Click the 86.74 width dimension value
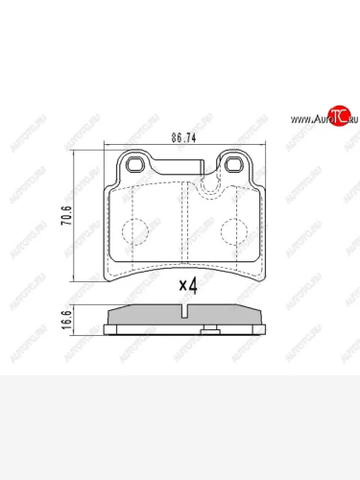tap(183, 138)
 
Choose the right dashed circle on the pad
tap(231, 230)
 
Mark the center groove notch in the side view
tap(183, 311)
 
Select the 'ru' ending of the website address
tap(350, 120)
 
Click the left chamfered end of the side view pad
tap(111, 316)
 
